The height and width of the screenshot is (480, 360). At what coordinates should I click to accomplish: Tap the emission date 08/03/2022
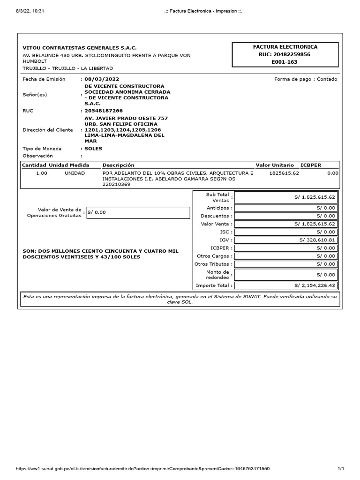click(x=100, y=79)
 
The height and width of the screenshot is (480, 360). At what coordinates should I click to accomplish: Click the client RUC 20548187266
click(x=104, y=111)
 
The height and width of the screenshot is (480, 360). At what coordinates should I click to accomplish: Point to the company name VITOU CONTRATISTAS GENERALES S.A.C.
click(x=80, y=48)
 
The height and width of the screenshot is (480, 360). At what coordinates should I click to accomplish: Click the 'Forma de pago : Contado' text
click(x=305, y=79)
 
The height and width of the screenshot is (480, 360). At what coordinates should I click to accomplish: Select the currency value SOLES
click(x=93, y=149)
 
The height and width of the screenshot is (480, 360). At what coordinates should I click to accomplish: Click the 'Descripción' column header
click(x=118, y=165)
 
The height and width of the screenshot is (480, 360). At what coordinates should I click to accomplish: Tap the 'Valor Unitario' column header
click(x=275, y=165)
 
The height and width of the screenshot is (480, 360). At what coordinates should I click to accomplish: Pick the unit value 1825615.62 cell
click(x=284, y=173)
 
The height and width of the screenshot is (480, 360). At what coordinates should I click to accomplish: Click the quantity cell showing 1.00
click(x=42, y=173)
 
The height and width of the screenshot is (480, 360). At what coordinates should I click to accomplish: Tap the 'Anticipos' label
click(x=218, y=208)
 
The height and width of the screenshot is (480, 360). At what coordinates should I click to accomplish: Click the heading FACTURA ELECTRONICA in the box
click(x=285, y=47)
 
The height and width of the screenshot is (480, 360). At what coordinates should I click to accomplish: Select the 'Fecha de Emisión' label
click(x=44, y=79)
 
